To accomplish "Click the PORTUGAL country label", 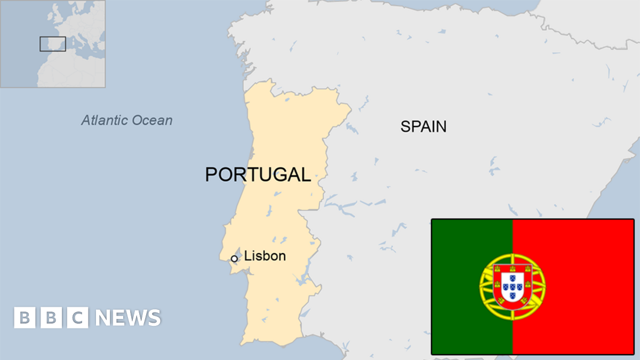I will pos(258,174).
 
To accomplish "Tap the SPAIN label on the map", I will pos(423,126).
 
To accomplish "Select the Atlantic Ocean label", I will pos(127,120).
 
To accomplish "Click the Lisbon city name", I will pos(265,256).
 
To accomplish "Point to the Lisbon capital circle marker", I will pos(234,259).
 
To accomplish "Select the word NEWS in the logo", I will pos(128,318).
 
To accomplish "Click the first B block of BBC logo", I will pos(25,318).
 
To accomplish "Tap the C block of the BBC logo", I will pos(78,318).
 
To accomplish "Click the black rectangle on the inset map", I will pos(53,44).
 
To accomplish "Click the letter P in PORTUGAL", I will pos(212,174).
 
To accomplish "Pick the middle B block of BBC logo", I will pos(51,318).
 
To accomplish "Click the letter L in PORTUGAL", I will pos(306,174).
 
